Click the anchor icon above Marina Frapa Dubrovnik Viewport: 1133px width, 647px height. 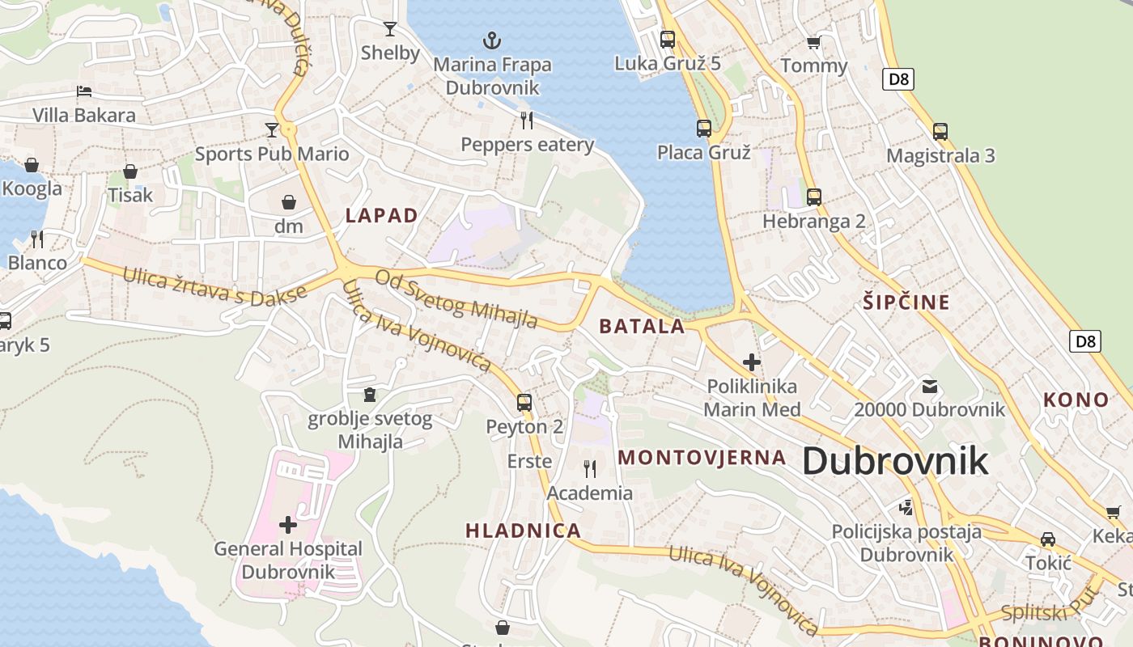pyautogui.click(x=491, y=40)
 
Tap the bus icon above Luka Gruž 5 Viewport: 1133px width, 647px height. pyautogui.click(x=668, y=39)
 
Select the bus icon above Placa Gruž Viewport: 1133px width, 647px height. pyautogui.click(x=704, y=128)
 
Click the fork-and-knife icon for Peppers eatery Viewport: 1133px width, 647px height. pyautogui.click(x=527, y=121)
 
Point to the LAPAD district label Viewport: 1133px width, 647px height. pyautogui.click(x=381, y=215)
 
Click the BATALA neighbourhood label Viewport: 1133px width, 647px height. pyautogui.click(x=642, y=327)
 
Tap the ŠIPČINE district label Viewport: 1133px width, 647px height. pyautogui.click(x=906, y=302)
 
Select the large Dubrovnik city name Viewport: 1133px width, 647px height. pyautogui.click(x=895, y=460)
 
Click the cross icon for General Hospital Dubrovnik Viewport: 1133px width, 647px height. pyautogui.click(x=288, y=525)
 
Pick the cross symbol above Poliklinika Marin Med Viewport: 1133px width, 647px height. pyautogui.click(x=752, y=362)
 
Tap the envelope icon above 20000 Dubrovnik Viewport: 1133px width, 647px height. pyautogui.click(x=929, y=386)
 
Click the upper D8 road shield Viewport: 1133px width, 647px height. pyautogui.click(x=901, y=78)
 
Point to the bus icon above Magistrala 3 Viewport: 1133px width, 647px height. pyautogui.click(x=940, y=131)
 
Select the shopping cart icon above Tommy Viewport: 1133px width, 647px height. pyautogui.click(x=813, y=42)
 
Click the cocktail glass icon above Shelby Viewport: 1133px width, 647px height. pyautogui.click(x=390, y=29)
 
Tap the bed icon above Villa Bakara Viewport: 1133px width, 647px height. pyautogui.click(x=84, y=91)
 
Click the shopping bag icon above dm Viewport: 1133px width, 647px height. pyautogui.click(x=289, y=202)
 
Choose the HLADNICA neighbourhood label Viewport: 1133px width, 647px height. pyautogui.click(x=523, y=531)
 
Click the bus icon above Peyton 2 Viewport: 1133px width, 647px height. pyautogui.click(x=524, y=402)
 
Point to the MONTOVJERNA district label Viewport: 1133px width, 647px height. pyautogui.click(x=702, y=457)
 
